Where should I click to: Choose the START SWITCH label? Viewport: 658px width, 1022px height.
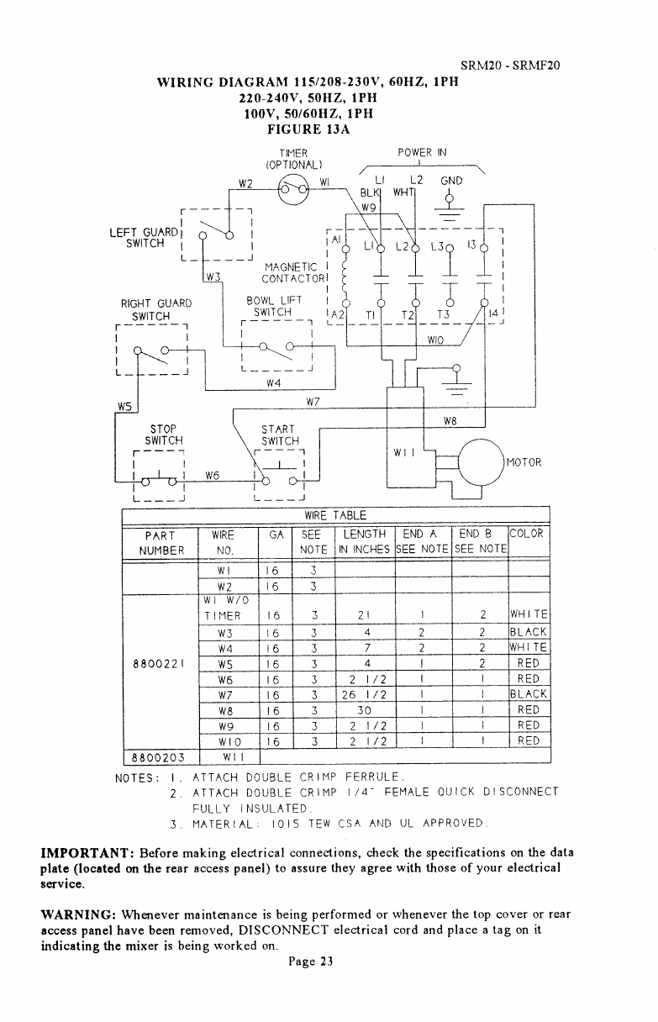(280, 434)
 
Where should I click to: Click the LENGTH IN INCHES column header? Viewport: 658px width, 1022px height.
(365, 542)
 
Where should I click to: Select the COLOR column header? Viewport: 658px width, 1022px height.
(527, 534)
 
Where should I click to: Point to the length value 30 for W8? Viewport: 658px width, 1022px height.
(365, 709)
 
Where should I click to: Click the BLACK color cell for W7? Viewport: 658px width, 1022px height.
(528, 693)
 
